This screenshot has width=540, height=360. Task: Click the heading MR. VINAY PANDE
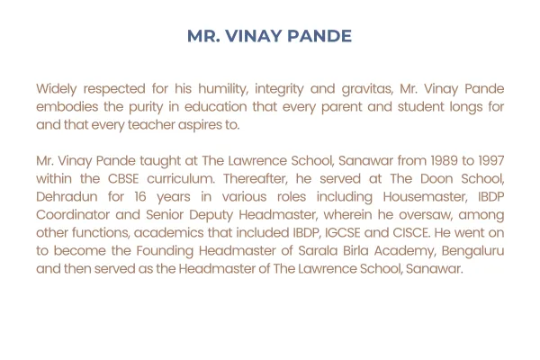269,37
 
